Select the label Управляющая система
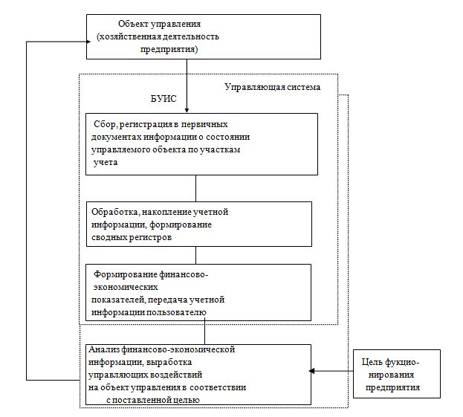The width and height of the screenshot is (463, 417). (272, 87)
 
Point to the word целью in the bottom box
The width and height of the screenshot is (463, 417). (184, 400)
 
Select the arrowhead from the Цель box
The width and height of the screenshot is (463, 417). (314, 369)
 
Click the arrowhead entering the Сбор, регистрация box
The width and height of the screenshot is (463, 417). (187, 110)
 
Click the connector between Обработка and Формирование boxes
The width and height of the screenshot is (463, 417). (195, 254)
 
